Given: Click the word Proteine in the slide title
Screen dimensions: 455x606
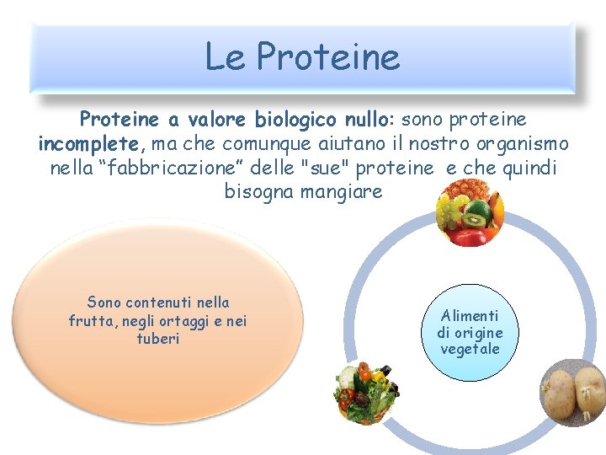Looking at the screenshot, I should pos(328,57).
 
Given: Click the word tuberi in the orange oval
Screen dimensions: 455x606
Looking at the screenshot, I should pos(158,338).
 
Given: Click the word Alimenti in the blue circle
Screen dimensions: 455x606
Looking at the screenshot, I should pos(470,315).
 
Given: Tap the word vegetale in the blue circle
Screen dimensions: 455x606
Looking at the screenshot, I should pos(470,349).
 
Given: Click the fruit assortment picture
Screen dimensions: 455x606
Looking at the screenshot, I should pos(468,215).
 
